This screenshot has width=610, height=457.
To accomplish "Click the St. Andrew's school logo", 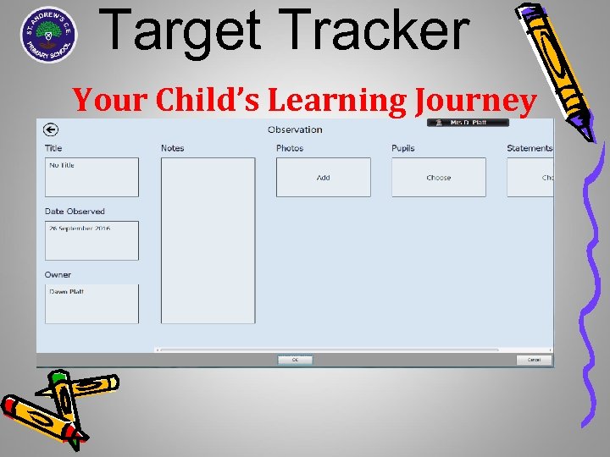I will click(49, 35).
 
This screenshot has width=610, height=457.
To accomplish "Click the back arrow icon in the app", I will click(51, 129).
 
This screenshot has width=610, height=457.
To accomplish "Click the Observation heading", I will click(295, 129).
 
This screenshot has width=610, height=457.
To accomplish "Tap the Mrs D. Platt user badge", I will click(468, 123).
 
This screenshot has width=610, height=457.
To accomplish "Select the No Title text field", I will click(91, 177).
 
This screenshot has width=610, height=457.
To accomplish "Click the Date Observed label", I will click(75, 212).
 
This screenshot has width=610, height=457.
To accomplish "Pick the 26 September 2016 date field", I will click(91, 240).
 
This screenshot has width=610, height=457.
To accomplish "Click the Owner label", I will click(58, 274).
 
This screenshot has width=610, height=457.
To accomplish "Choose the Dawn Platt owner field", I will click(91, 303).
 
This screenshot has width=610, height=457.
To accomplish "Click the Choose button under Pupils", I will click(438, 178).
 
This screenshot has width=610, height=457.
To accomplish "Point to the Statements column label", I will click(530, 148).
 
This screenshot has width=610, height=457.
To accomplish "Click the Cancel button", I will click(534, 360).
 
